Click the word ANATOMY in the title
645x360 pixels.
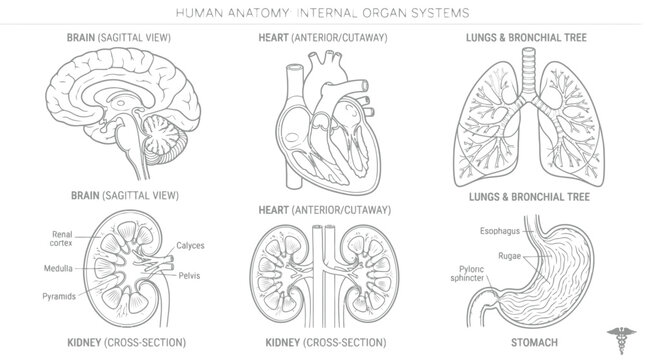click(x=259, y=13)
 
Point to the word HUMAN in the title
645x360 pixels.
click(x=200, y=13)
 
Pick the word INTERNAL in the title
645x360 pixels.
click(x=327, y=13)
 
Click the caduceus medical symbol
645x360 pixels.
click(x=621, y=340)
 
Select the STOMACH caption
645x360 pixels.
click(x=534, y=342)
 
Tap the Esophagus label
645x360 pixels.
click(x=500, y=231)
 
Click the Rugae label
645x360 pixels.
click(x=510, y=256)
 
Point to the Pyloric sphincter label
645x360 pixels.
click(x=468, y=274)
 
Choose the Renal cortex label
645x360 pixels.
click(x=62, y=239)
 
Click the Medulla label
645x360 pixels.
click(x=58, y=268)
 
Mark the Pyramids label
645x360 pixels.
click(x=59, y=296)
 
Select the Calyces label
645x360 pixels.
click(x=190, y=246)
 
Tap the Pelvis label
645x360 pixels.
click(x=189, y=276)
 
